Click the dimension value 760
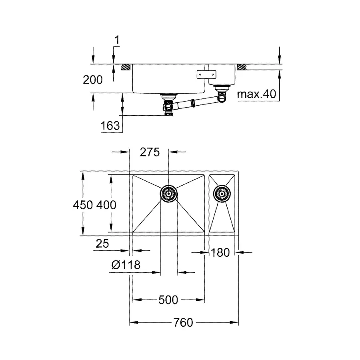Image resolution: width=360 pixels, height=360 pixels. [184, 322]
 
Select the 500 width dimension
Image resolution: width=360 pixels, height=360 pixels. [168, 300]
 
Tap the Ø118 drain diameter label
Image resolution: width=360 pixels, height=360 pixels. [126, 265]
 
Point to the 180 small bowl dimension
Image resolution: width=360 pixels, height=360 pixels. [220, 252]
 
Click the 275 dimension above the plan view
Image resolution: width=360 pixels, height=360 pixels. [150, 152]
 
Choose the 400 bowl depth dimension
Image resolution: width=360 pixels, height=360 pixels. [106, 205]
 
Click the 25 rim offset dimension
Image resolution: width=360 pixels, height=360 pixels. [102, 244]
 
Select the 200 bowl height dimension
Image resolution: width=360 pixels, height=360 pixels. [93, 80]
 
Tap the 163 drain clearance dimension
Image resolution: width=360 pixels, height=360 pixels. [110, 126]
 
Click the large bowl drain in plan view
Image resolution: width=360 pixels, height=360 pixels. [168, 194]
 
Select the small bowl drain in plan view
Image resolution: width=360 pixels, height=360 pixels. [221, 194]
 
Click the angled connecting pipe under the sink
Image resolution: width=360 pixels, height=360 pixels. [192, 103]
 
